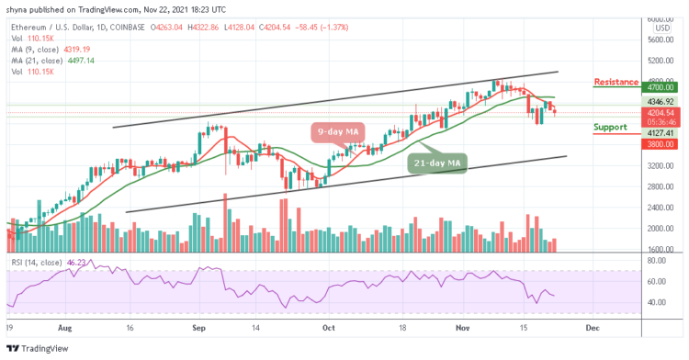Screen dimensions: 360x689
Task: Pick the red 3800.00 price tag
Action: (x=655, y=143)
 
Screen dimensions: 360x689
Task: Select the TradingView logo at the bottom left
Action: (x=40, y=349)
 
